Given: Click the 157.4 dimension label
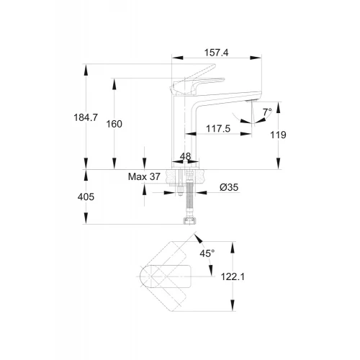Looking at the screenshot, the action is [216, 53].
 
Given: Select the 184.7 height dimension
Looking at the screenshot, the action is [86, 117].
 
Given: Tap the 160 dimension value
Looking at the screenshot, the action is [114, 124].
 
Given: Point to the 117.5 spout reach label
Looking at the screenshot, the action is [218, 129].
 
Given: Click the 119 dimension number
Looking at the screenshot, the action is [278, 135].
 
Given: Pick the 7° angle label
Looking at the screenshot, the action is [267, 112].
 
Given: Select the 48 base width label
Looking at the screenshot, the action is [185, 156].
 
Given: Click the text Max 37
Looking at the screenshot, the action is [144, 177].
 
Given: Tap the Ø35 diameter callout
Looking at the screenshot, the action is [229, 187].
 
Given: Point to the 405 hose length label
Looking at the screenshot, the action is [86, 197].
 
